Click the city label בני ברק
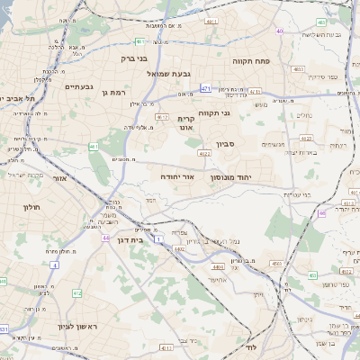click(133, 58)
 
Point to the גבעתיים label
click(77, 86)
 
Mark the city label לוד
click(251, 346)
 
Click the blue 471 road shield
click(206, 88)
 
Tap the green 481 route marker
click(140, 41)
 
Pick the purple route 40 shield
click(280, 31)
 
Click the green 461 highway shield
click(94, 146)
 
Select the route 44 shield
click(105, 238)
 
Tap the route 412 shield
click(76, 293)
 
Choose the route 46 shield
click(322, 213)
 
